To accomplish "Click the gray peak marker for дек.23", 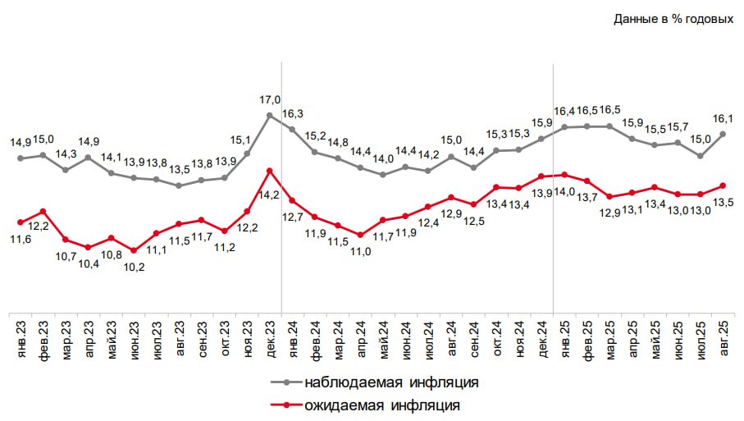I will tap(270, 115).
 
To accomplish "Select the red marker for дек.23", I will tap(270, 170).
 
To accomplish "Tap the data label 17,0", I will tap(270, 100).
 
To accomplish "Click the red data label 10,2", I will tap(132, 266).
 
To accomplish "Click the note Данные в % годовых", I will tap(673, 19).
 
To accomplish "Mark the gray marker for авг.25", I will tap(723, 134).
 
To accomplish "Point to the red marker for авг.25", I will tap(723, 185).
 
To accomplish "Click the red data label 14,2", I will tap(270, 195).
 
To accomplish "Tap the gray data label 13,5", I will tap(179, 170).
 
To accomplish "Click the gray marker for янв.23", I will tap(20, 158).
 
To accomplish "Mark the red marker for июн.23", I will tap(134, 251).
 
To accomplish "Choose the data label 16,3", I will tap(293, 114).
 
